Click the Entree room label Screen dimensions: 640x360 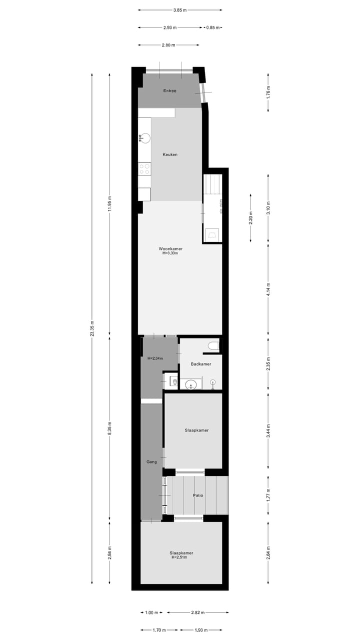coord(170,91)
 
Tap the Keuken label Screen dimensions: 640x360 coord(170,154)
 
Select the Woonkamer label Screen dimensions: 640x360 coord(170,248)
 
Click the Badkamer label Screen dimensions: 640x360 coord(201,364)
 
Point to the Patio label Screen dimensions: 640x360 coord(198,495)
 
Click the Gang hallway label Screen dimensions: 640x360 coord(151,462)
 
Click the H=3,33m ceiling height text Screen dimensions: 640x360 coord(170,253)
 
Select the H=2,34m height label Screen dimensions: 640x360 coord(155,358)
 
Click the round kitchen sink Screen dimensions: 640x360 coord(145,138)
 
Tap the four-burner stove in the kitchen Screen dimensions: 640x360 coord(144,169)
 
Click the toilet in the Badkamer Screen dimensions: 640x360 coord(213,345)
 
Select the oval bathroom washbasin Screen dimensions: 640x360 coord(190,384)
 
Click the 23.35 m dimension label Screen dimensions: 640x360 coord(92,329)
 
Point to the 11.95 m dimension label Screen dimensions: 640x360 coord(110,204)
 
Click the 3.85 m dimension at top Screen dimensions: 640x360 coord(180,10)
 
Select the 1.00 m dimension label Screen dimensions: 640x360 coord(152,612)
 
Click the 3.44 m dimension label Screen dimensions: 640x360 coord(268,431)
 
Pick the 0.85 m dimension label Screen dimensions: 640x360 coord(213,27)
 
